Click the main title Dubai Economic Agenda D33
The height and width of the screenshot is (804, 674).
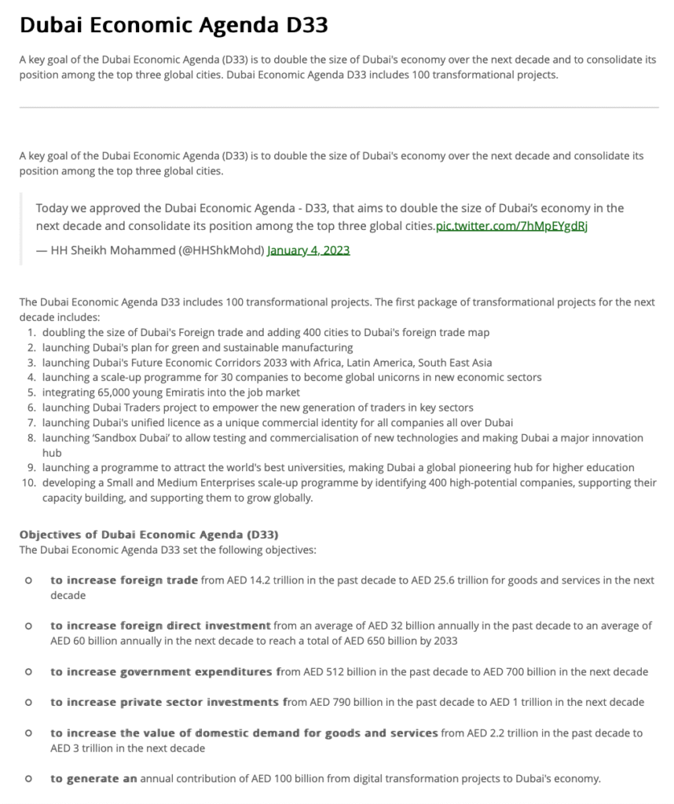pyautogui.click(x=173, y=26)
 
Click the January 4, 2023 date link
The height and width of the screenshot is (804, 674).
pyautogui.click(x=309, y=250)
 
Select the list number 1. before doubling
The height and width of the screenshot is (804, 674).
pyautogui.click(x=31, y=332)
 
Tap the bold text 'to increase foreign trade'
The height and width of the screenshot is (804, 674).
pyautogui.click(x=124, y=580)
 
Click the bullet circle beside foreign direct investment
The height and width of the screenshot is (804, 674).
pyautogui.click(x=28, y=626)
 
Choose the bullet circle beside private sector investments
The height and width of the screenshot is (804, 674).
pyautogui.click(x=28, y=702)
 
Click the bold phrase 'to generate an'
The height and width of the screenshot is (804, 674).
pyautogui.click(x=93, y=779)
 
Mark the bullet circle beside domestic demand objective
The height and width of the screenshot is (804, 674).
pyautogui.click(x=28, y=733)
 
